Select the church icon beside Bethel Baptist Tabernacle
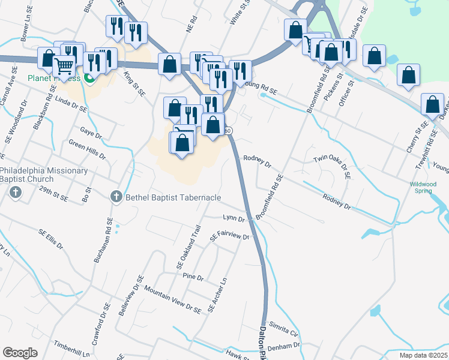pyautogui.click(x=117, y=196)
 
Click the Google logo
pyautogui.click(x=20, y=353)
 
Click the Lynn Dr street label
pyautogui.click(x=234, y=218)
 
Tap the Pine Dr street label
pyautogui.click(x=193, y=278)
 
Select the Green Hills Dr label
pyautogui.click(x=88, y=150)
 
